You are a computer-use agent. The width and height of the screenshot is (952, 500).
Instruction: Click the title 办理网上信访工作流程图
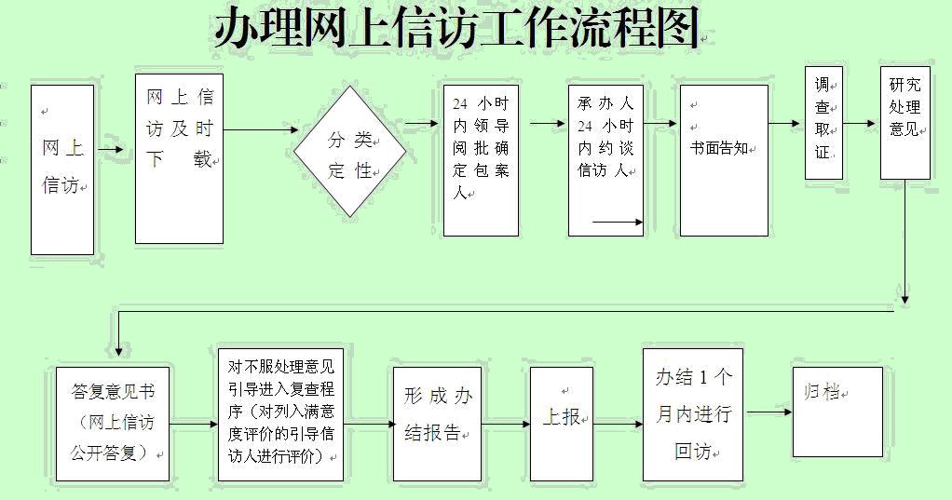456,27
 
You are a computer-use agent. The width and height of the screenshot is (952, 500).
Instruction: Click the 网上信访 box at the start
62,169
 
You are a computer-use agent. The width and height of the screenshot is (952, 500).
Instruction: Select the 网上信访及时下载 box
179,159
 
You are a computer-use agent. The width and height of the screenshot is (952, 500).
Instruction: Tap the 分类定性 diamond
350,151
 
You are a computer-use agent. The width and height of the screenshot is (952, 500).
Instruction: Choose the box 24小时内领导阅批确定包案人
481,161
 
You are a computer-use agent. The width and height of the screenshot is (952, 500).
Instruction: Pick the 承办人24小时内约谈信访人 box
605,161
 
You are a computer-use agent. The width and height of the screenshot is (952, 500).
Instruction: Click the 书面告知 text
719,148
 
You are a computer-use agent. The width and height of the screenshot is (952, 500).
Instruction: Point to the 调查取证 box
823,123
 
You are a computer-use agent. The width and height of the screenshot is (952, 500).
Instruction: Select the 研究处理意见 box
905,123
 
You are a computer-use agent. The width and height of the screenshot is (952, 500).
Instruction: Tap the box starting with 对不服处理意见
280,415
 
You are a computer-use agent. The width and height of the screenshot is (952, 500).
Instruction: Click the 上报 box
561,425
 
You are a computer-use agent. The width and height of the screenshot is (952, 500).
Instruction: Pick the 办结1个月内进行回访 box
693,415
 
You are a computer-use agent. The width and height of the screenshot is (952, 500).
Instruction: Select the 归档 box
837,412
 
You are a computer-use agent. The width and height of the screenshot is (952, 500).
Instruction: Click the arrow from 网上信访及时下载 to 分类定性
261,129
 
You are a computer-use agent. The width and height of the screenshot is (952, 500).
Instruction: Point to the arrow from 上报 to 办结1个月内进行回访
619,424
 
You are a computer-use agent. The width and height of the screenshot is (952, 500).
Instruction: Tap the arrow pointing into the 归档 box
769,412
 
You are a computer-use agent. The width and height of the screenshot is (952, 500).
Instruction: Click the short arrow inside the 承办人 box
618,223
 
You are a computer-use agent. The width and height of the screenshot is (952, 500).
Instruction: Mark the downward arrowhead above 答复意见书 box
118,350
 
